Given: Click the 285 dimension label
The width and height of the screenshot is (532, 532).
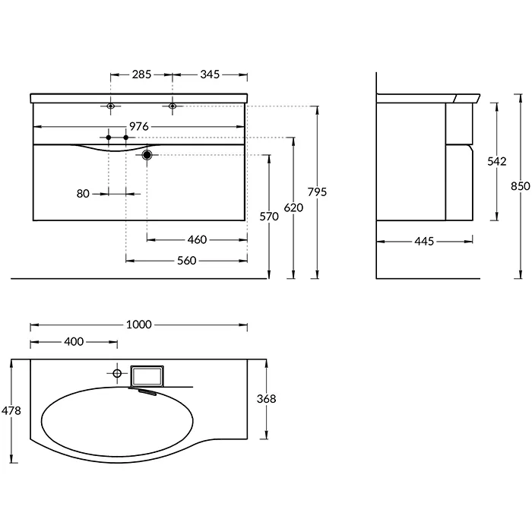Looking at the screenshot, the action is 141,74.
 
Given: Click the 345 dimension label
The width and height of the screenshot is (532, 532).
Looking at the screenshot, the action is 210,74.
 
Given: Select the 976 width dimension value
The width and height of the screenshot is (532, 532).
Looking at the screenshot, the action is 139,127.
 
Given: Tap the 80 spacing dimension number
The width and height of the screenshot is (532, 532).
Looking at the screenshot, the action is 83,194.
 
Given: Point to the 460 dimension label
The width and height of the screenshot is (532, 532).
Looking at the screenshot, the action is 197,240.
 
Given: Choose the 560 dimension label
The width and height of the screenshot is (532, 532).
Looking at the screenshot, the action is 187,261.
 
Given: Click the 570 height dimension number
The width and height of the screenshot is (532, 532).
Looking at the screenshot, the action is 269,217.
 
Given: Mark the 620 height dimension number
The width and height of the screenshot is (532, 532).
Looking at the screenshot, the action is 293,207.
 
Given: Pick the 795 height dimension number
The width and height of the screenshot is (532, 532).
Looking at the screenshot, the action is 317,192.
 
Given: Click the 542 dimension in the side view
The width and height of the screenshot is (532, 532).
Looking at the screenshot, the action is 497,161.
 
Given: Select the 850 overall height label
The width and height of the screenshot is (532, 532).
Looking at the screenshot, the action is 521,186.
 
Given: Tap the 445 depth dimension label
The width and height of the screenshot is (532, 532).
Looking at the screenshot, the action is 424,242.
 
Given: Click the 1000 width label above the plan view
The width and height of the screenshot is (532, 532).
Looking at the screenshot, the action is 139,325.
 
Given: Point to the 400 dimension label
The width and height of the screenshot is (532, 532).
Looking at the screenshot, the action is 74,342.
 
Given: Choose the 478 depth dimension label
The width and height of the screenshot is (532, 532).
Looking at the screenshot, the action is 11,411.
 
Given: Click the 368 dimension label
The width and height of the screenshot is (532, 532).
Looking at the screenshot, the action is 266,399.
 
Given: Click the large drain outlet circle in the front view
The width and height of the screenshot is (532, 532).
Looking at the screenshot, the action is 147,155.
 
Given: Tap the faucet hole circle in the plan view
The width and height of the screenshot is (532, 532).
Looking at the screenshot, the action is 117,374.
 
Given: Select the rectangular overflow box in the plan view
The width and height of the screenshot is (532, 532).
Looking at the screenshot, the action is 147,376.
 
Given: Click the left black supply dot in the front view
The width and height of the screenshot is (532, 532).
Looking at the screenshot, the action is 109,138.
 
